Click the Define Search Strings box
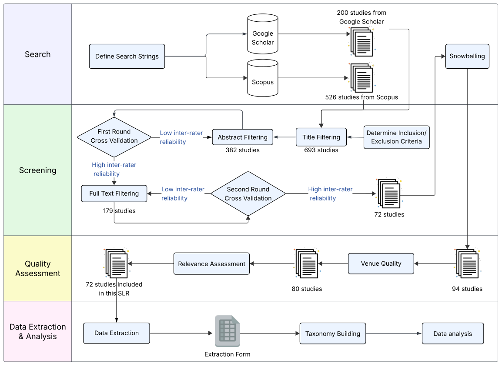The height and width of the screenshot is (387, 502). pyautogui.click(x=127, y=56)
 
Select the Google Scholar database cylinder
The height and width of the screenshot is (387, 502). pyautogui.click(x=263, y=38)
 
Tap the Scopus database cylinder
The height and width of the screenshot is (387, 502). pyautogui.click(x=263, y=78)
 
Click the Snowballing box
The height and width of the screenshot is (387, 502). pyautogui.click(x=467, y=56)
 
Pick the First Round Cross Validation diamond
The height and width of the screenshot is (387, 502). pyautogui.click(x=114, y=137)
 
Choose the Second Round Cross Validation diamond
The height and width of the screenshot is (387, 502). pyautogui.click(x=248, y=193)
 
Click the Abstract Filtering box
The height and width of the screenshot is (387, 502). pyautogui.click(x=242, y=137)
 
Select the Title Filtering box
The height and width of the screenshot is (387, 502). pyautogui.click(x=321, y=137)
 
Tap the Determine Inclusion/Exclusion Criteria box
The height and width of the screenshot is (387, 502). pyautogui.click(x=396, y=137)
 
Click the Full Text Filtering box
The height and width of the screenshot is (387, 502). pyautogui.click(x=114, y=193)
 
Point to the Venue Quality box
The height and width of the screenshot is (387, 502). pyautogui.click(x=381, y=264)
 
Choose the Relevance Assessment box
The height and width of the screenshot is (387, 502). pyautogui.click(x=211, y=264)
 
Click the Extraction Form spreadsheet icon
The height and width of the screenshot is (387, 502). pyautogui.click(x=227, y=331)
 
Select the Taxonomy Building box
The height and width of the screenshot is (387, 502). pyautogui.click(x=332, y=334)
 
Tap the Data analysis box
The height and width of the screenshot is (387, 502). pyautogui.click(x=452, y=334)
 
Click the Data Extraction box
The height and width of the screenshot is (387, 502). pyautogui.click(x=117, y=333)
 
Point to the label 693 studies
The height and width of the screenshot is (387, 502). pyautogui.click(x=321, y=150)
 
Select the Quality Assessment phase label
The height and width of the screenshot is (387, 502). pyautogui.click(x=37, y=269)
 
